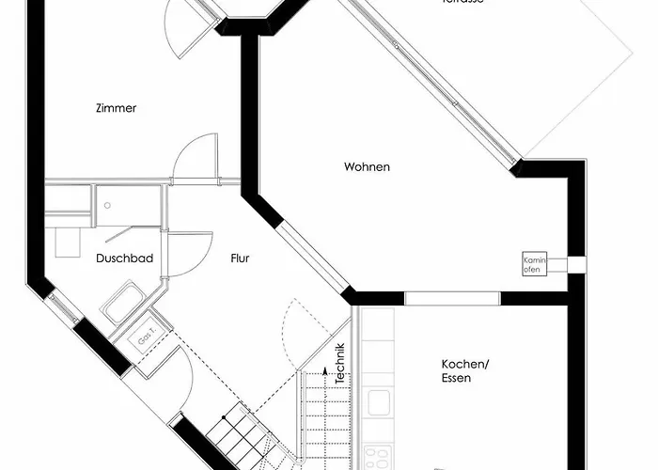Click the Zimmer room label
coord(116,108)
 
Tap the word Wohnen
coord(367,167)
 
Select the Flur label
coord(240,257)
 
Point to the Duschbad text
coord(124,257)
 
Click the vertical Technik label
coord(340,365)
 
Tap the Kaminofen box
coord(534,263)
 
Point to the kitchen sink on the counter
coord(379,402)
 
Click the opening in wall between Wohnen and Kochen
coord(452,298)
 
